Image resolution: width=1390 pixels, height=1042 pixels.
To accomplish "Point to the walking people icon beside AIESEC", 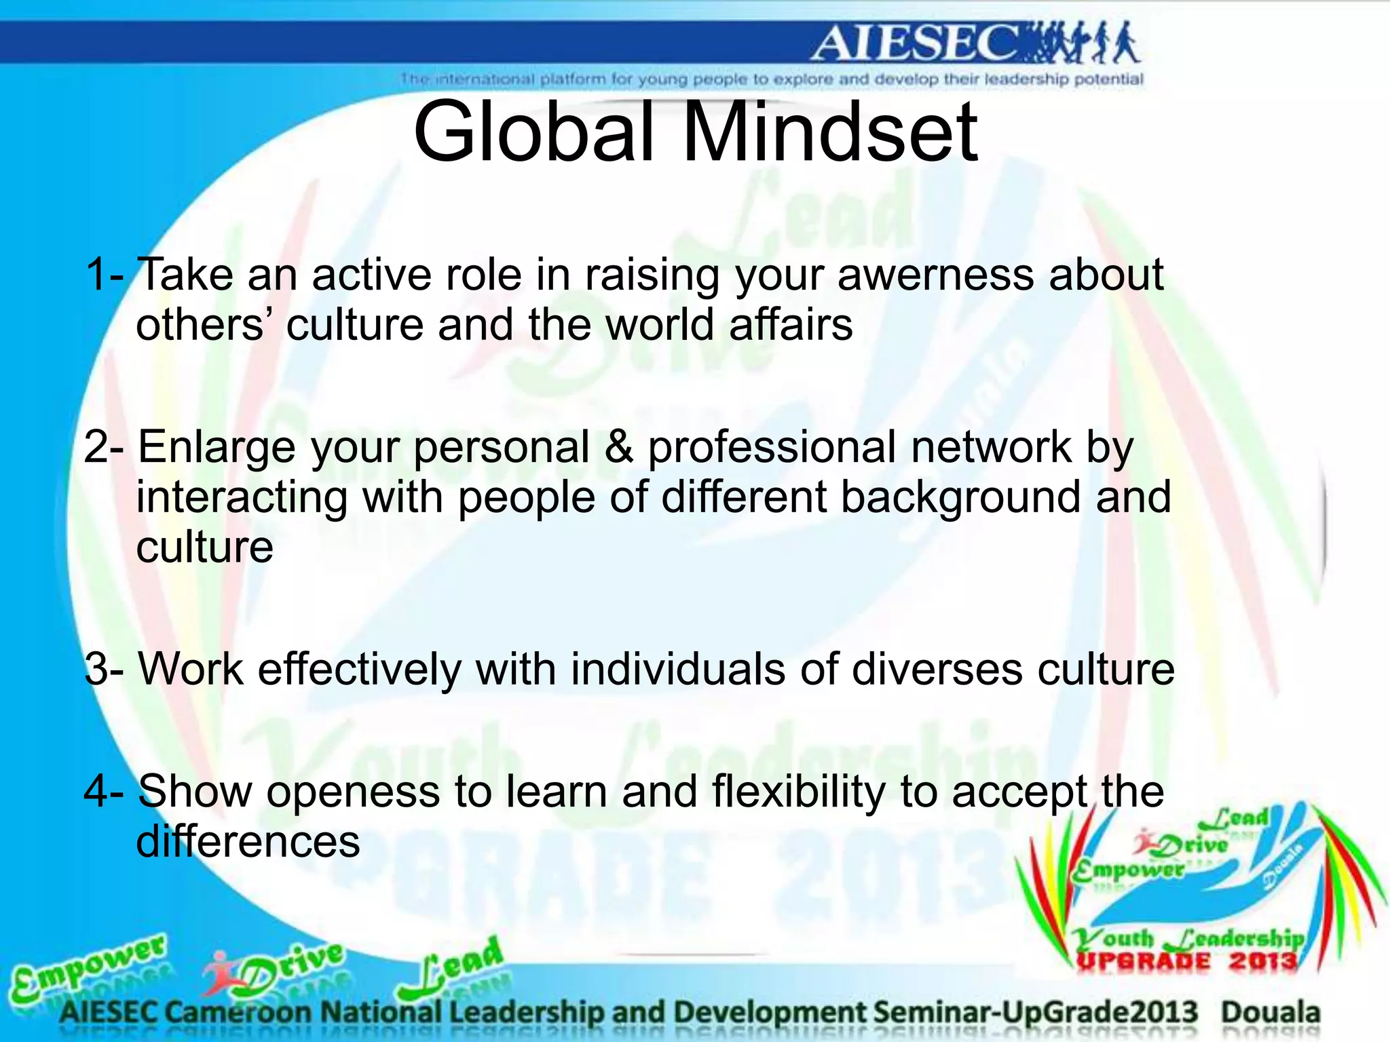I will tap(1079, 42).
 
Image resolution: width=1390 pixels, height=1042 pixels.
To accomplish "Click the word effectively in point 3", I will tap(360, 670).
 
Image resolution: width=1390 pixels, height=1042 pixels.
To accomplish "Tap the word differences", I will tap(248, 842).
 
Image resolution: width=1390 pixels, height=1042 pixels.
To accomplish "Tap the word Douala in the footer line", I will tap(1271, 1013).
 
